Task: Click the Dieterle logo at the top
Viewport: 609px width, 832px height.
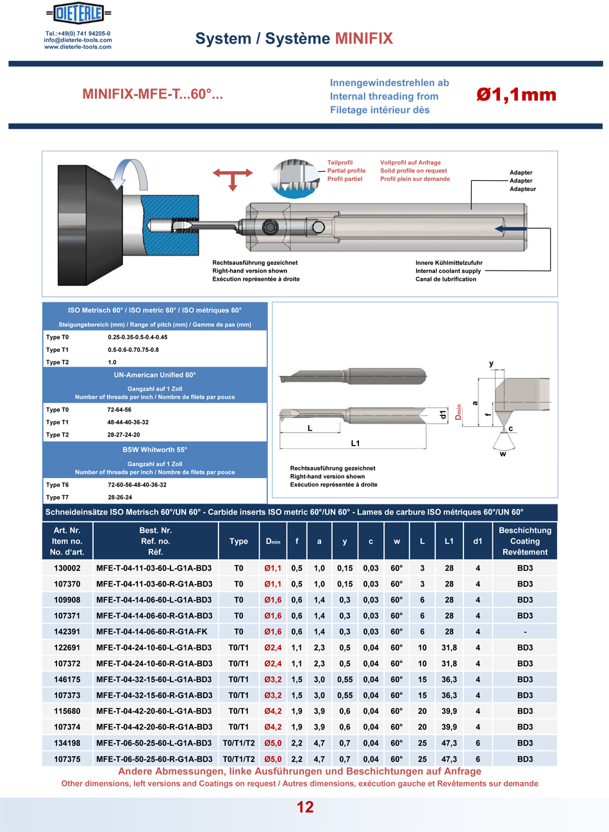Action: click(x=79, y=13)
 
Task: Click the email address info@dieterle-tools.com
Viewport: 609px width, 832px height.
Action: click(x=78, y=40)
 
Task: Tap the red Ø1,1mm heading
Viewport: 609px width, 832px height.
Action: click(x=516, y=95)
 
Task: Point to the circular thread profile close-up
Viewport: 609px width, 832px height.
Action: click(x=294, y=178)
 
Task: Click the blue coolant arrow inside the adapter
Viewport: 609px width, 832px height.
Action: click(x=513, y=228)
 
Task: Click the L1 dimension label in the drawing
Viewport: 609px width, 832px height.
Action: click(x=355, y=443)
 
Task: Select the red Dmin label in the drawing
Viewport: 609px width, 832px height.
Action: click(x=458, y=412)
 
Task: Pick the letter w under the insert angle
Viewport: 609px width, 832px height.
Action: click(x=503, y=454)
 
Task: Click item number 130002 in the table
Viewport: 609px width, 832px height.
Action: click(x=67, y=568)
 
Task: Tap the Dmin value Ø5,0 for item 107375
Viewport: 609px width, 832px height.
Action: click(x=272, y=759)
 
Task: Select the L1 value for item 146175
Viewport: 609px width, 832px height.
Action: click(x=449, y=679)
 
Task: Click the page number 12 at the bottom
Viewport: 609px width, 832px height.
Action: click(x=305, y=807)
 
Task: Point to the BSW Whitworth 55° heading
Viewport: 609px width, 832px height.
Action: click(x=154, y=449)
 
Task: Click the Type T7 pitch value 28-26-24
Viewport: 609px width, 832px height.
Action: click(x=120, y=497)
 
